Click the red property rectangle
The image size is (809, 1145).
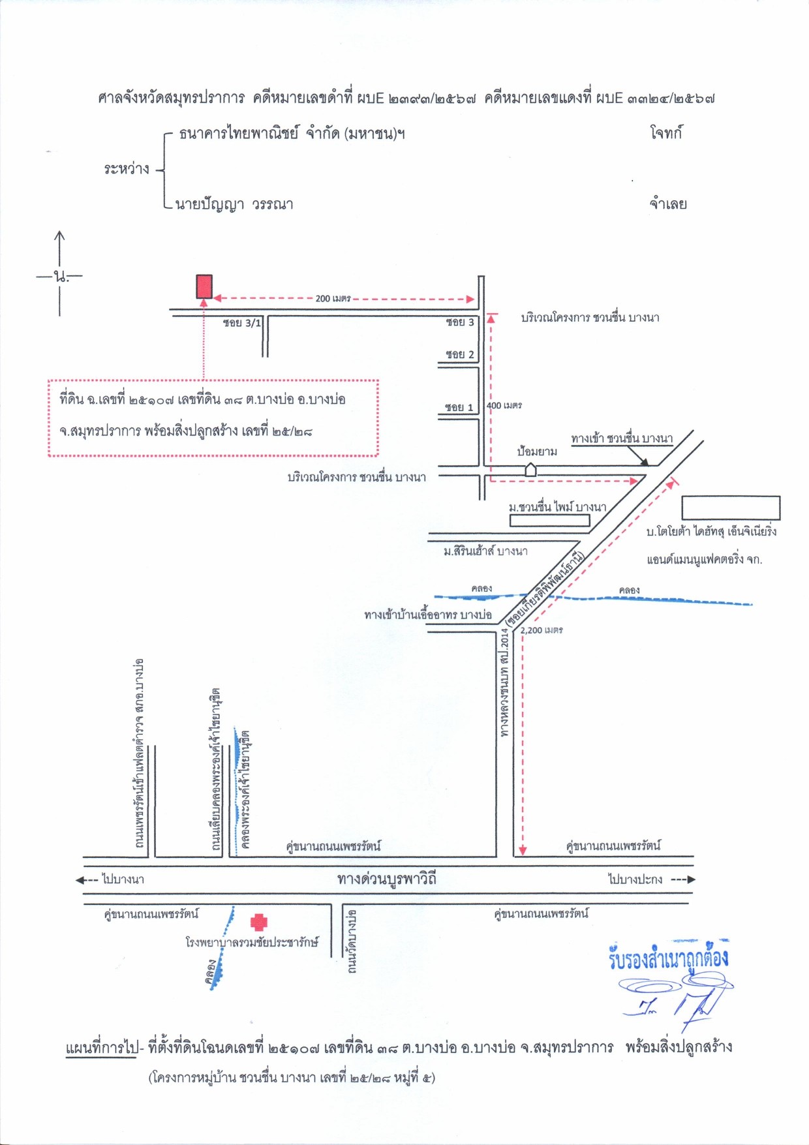point(205,286)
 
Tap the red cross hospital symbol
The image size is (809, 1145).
point(259,922)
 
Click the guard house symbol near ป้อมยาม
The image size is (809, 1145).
point(530,469)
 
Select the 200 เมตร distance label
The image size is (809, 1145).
point(333,299)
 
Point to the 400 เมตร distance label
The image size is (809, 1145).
point(504,406)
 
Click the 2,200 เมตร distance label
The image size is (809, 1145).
point(542,630)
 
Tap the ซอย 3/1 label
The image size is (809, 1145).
point(241,323)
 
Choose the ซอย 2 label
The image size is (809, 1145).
point(460,355)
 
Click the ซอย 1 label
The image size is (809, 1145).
point(459,408)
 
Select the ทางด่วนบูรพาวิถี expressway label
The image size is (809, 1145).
point(387,879)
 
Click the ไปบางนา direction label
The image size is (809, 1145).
point(123,879)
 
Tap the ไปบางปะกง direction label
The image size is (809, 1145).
point(635,879)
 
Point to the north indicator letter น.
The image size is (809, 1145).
point(61,277)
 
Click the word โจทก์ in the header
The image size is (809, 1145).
point(666,133)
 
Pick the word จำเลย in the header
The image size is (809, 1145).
point(668,204)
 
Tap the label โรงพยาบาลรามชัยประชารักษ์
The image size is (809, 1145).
point(252,942)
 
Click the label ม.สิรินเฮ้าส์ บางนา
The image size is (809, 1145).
point(485,551)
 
